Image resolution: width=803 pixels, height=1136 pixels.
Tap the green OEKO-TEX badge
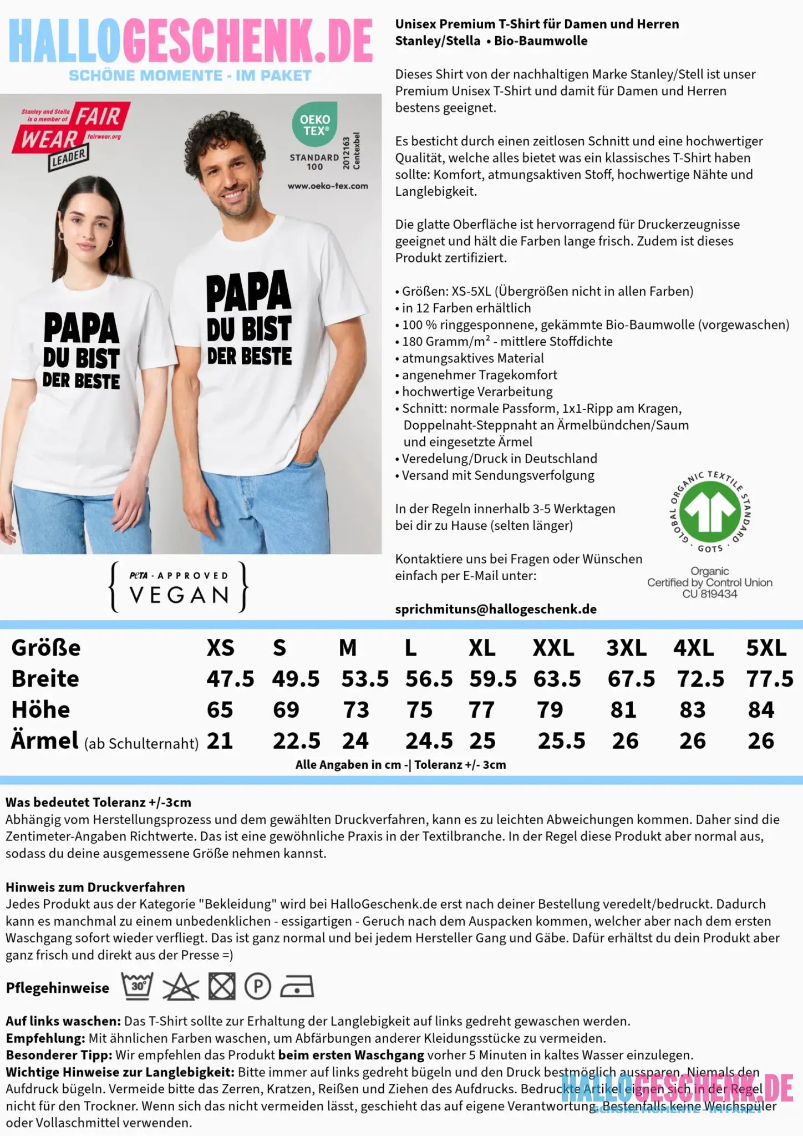pos(314,124)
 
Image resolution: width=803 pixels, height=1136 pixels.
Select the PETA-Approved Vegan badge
pos(179,587)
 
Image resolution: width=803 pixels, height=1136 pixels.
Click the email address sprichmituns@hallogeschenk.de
pos(496,609)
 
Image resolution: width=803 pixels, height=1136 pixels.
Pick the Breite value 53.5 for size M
pos(365,679)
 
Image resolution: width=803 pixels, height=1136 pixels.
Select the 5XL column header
pos(766,648)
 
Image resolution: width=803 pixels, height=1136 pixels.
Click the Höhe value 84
pos(761,710)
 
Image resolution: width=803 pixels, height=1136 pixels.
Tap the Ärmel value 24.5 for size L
pos(429,741)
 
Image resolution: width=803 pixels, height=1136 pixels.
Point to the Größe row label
pos(46,648)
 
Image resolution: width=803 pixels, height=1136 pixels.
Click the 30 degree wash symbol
pos(138,986)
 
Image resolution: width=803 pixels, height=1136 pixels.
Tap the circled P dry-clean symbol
pos(258,987)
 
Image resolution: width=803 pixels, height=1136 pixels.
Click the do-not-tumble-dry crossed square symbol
pos(222,987)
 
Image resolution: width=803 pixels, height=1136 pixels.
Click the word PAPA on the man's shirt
pos(248,292)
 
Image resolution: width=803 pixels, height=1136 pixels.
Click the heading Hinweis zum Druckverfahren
pos(95,887)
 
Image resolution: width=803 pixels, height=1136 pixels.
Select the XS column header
pos(221,648)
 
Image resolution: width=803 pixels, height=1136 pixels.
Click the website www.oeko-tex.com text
pos(328,186)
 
